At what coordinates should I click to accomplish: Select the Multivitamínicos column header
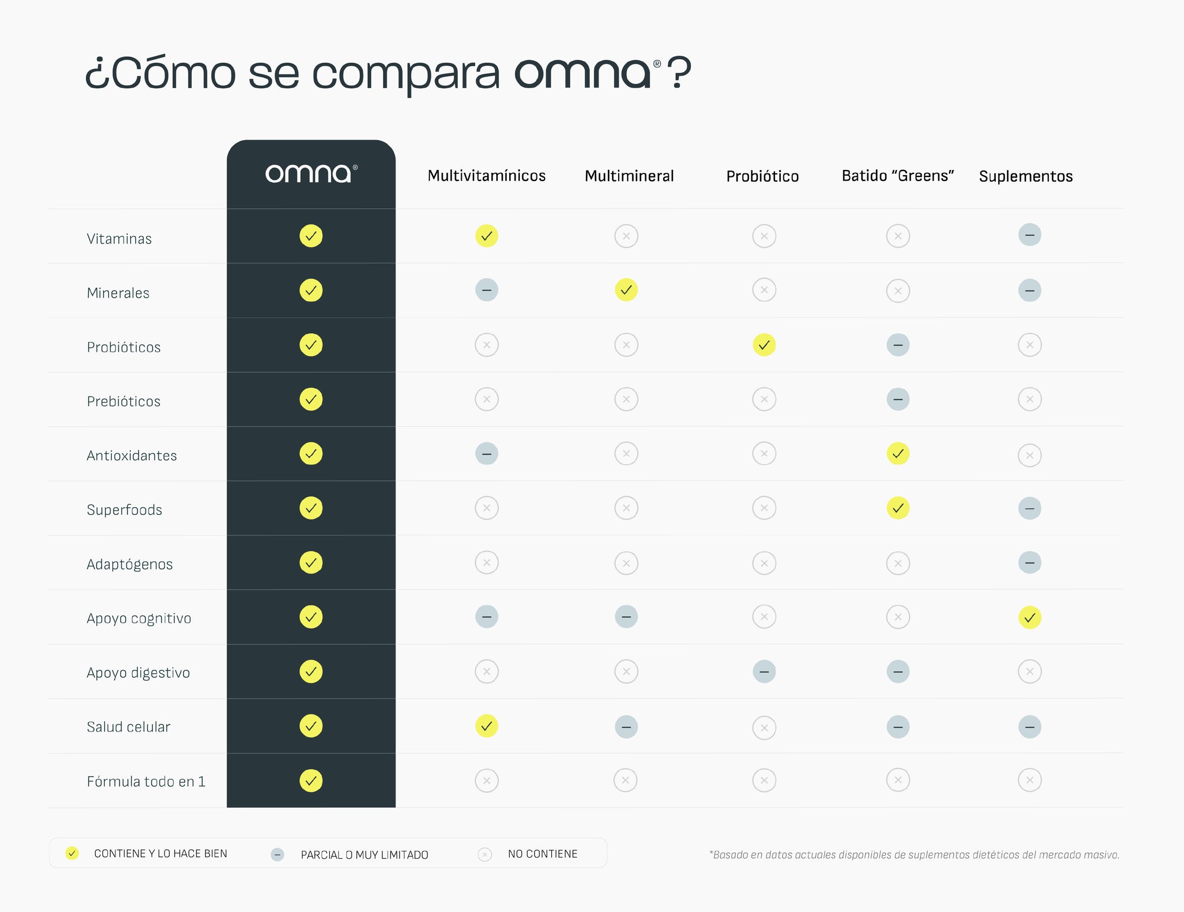tap(486, 176)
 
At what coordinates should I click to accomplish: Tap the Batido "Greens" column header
tap(897, 176)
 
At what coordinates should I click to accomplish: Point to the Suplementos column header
tap(1025, 176)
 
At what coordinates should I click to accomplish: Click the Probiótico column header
tap(762, 176)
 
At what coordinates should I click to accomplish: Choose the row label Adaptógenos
tap(130, 564)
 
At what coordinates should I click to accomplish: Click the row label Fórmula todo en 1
tap(146, 781)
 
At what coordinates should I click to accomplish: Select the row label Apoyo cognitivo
tap(139, 618)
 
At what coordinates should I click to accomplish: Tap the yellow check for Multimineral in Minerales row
tap(626, 290)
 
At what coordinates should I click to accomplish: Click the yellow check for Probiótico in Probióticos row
tap(764, 345)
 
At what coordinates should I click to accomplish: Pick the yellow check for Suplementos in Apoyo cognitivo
tap(1029, 617)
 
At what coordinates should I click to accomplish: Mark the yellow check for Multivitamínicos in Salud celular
tap(486, 726)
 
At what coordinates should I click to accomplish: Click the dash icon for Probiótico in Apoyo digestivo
tap(764, 672)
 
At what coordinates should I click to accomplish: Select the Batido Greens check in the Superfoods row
tap(897, 508)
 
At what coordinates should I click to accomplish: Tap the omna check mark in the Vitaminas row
tap(311, 236)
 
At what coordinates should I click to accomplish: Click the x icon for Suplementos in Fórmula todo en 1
tap(1029, 780)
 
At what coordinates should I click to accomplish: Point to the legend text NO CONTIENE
tap(542, 854)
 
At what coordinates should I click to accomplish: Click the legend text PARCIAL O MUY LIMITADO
tap(364, 855)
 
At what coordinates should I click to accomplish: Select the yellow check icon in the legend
tap(72, 853)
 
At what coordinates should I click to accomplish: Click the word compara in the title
tap(406, 74)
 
